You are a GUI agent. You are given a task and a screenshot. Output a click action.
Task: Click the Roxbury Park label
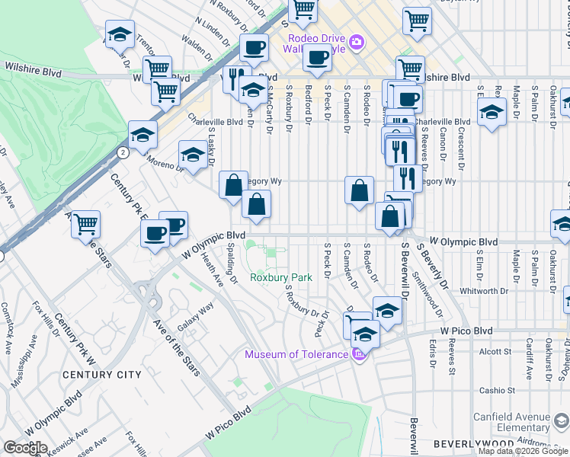pos(280,278)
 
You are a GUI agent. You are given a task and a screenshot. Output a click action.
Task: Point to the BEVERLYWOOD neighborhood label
pos(464,443)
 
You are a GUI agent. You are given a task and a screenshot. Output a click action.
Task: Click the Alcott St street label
pos(495,352)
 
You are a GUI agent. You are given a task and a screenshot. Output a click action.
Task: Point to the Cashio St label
pos(497,391)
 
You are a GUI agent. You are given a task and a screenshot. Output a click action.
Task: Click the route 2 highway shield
pos(122,152)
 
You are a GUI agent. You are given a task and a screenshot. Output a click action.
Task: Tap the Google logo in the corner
pos(24,448)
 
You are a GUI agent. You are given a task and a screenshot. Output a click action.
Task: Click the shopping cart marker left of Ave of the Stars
pos(85,224)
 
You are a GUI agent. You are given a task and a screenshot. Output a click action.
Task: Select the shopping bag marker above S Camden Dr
pos(359,190)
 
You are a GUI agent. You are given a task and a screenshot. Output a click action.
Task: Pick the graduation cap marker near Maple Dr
pos(492,112)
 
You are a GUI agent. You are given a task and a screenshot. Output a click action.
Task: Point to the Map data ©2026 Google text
pos(523,451)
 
